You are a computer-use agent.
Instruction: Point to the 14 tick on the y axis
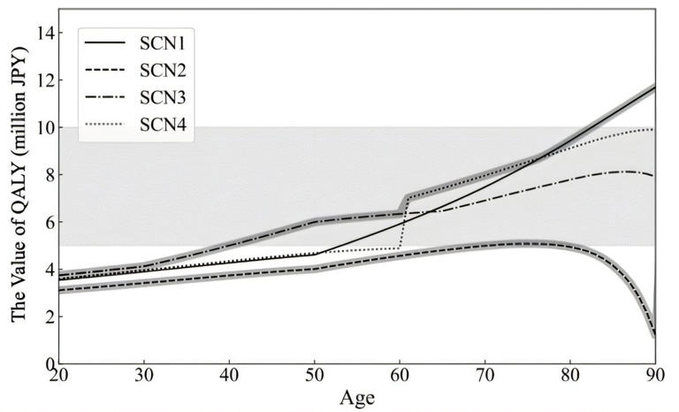(x=42, y=33)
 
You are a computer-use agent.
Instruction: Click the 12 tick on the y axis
(x=42, y=80)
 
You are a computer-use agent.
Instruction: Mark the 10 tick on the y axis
(x=42, y=127)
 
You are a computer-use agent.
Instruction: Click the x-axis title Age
(x=356, y=399)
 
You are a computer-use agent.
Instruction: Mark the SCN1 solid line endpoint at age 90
(x=654, y=87)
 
